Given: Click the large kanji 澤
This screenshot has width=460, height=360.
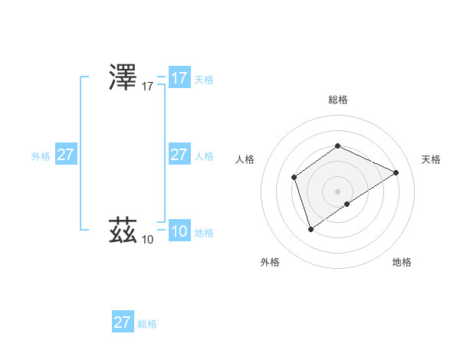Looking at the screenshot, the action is [x=123, y=78].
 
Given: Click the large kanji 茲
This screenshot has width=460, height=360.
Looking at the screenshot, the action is [x=123, y=229].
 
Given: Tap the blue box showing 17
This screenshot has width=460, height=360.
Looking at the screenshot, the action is [x=179, y=78].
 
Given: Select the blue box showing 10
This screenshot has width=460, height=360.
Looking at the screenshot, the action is [x=179, y=231].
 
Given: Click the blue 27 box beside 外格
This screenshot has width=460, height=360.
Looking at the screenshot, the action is [x=66, y=155].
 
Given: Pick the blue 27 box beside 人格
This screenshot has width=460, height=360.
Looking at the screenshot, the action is [x=179, y=155].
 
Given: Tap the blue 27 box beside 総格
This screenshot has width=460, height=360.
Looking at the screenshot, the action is [x=123, y=322].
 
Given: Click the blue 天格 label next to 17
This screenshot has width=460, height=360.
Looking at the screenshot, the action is [x=204, y=80].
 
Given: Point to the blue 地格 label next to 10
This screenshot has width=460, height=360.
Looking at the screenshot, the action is [x=204, y=233].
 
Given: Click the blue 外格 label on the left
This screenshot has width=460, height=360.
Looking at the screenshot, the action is [x=41, y=156].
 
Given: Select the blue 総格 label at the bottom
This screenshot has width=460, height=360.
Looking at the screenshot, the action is [x=147, y=324].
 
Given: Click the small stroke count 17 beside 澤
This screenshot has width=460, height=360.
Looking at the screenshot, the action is [x=148, y=87].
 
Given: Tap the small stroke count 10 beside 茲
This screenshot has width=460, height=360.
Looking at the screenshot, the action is [x=147, y=240].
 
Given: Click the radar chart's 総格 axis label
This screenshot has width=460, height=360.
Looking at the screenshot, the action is [x=337, y=100].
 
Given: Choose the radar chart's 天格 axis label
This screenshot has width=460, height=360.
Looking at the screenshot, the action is [x=431, y=159].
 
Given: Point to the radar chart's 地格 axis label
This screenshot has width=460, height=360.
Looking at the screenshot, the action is [x=402, y=262].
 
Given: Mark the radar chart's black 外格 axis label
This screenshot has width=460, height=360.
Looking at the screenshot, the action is [x=270, y=262].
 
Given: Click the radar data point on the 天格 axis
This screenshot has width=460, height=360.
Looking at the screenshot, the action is [x=396, y=172].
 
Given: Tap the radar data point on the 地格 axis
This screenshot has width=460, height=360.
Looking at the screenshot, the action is [x=347, y=204].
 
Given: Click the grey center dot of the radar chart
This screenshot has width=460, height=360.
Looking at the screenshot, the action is [x=337, y=191].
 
